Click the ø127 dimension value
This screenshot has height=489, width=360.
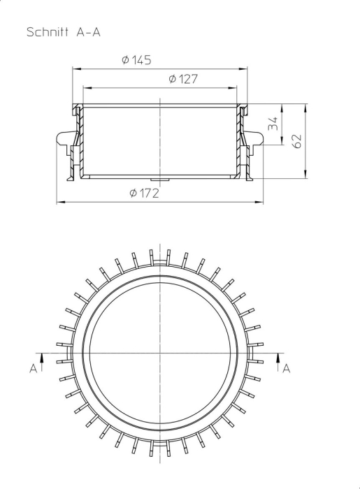click(x=182, y=80)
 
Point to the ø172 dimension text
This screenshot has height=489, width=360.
click(x=144, y=193)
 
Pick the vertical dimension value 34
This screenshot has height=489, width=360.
click(x=273, y=124)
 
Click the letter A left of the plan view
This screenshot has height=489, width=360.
click(x=33, y=368)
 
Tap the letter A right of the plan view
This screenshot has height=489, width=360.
click(x=286, y=368)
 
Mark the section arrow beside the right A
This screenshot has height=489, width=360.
click(x=278, y=359)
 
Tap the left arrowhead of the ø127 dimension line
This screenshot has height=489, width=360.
click(x=87, y=88)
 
